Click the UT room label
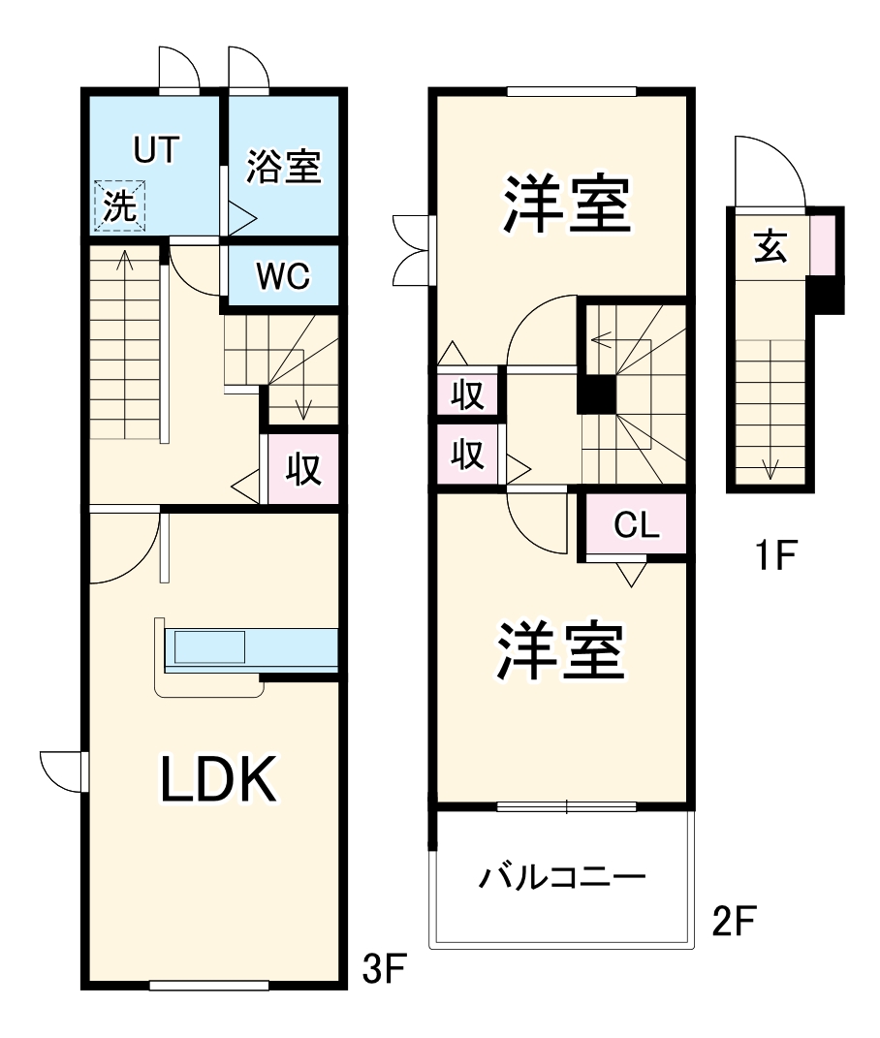157,150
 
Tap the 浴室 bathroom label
282,167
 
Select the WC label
282,276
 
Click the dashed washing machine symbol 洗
120,206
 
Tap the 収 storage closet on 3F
302,469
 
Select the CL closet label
637,526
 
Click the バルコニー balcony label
562,880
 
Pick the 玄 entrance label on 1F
770,247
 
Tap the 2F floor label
734,922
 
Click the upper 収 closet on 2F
469,396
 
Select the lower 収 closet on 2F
469,454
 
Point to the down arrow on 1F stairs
770,468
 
